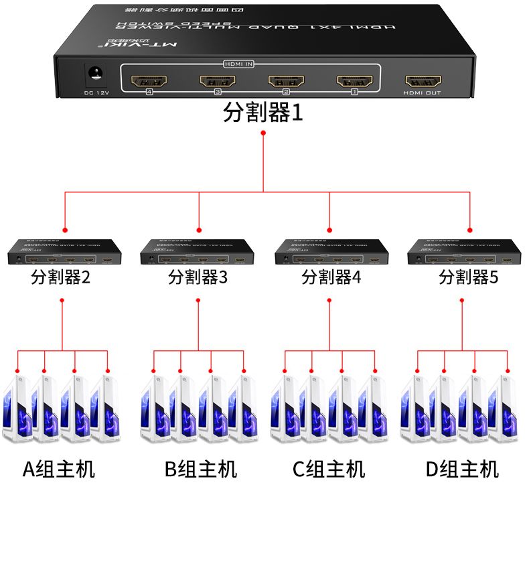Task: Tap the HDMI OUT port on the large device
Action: [x=422, y=81]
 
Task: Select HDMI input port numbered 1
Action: [x=354, y=82]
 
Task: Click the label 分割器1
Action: [x=263, y=112]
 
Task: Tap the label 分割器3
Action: [x=198, y=277]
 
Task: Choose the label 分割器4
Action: [x=331, y=277]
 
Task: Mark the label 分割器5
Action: [x=468, y=277]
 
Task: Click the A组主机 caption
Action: [x=59, y=469]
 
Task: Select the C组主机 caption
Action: [x=329, y=469]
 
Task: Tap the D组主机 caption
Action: [x=462, y=469]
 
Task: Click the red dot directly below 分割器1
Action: [x=263, y=133]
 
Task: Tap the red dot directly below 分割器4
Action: [x=329, y=300]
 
